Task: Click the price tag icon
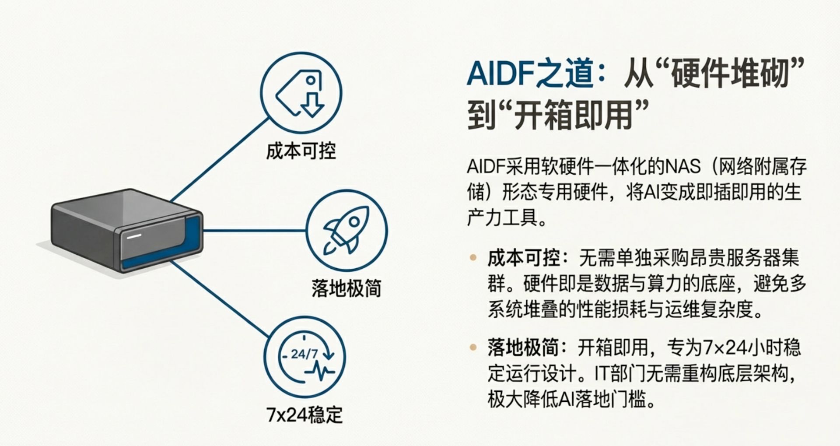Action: pyautogui.click(x=301, y=92)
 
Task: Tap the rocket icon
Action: pyautogui.click(x=346, y=230)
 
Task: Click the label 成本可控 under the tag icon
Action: pyautogui.click(x=301, y=151)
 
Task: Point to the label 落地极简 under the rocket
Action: pyautogui.click(x=346, y=288)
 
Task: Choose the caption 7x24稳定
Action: pyautogui.click(x=304, y=414)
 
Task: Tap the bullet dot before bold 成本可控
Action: pyautogui.click(x=473, y=257)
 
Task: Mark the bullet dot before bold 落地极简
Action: pyautogui.click(x=473, y=348)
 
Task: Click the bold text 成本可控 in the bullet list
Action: pyautogui.click(x=523, y=258)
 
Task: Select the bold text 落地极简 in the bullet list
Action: pyautogui.click(x=523, y=348)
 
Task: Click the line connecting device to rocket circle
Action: pyautogui.click(x=254, y=230)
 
